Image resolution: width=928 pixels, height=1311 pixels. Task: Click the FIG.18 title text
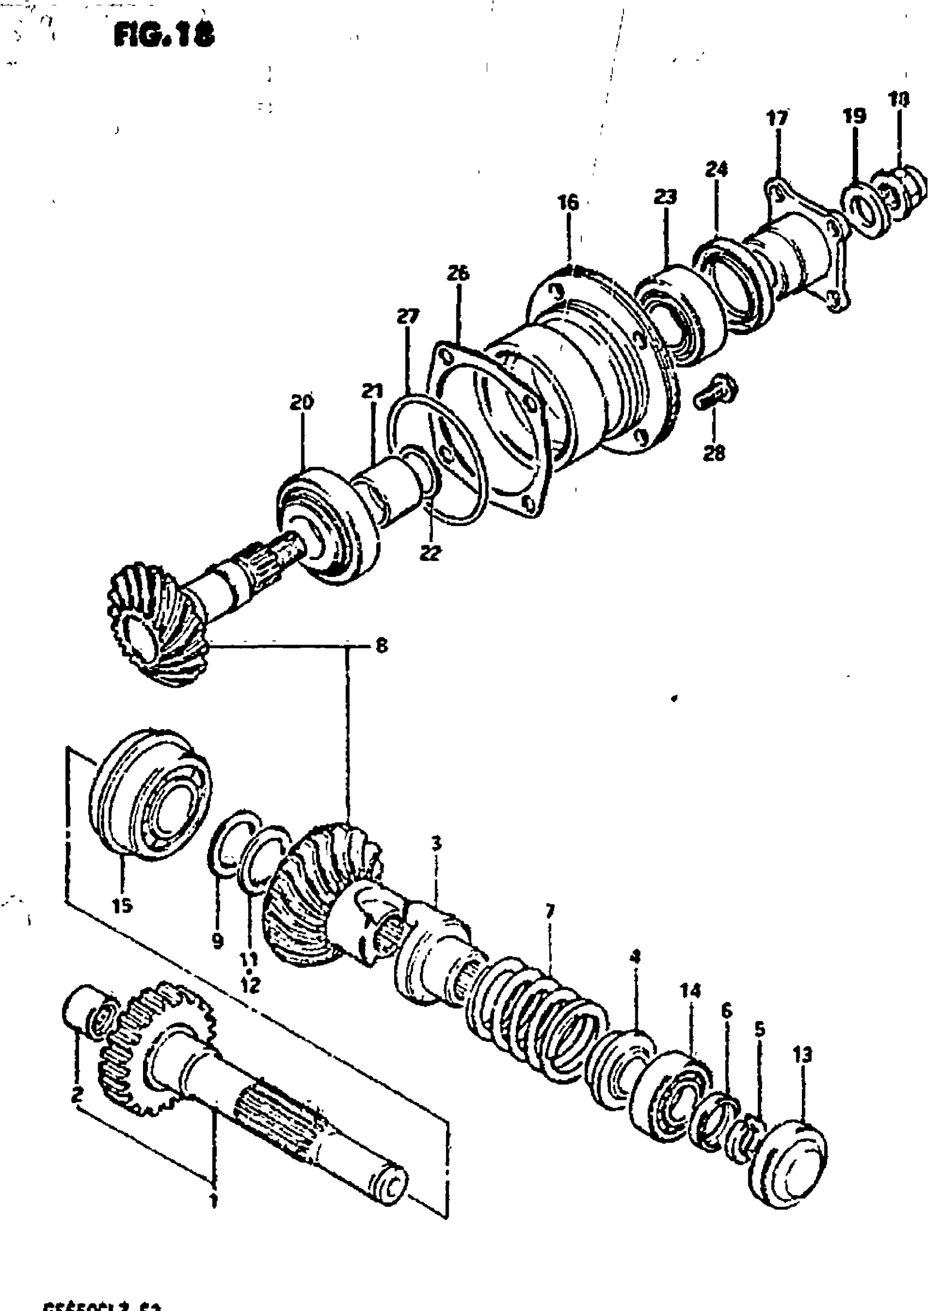point(164,36)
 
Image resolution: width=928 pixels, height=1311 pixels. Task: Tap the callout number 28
point(714,454)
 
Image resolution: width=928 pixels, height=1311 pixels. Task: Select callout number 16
point(569,202)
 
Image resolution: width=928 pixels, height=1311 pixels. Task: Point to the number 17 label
point(777,118)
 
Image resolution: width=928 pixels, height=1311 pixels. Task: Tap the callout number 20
point(302,403)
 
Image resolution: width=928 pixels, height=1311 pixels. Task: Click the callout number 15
point(122,905)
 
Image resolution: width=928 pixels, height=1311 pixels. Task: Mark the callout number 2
point(78,1095)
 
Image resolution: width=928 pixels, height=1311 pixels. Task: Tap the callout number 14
point(689,991)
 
